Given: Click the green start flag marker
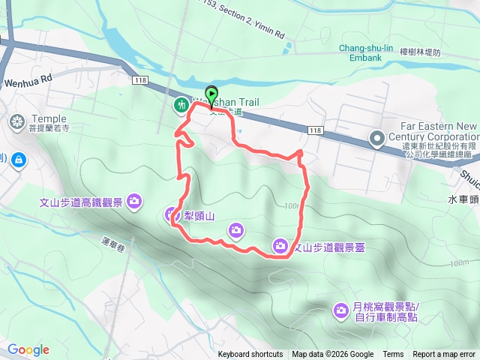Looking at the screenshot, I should click(211, 95).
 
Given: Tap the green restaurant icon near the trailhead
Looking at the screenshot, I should click(181, 106).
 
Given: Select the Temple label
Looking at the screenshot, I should click(49, 118).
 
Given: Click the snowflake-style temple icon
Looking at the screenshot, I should click(16, 121).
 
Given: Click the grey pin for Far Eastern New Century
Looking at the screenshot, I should click(378, 137).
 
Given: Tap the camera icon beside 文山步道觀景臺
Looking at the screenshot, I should click(280, 245).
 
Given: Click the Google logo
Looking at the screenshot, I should click(28, 349).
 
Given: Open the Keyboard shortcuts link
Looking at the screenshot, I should click(250, 355).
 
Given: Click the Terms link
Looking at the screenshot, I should click(393, 355).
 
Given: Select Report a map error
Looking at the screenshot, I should click(445, 355).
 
